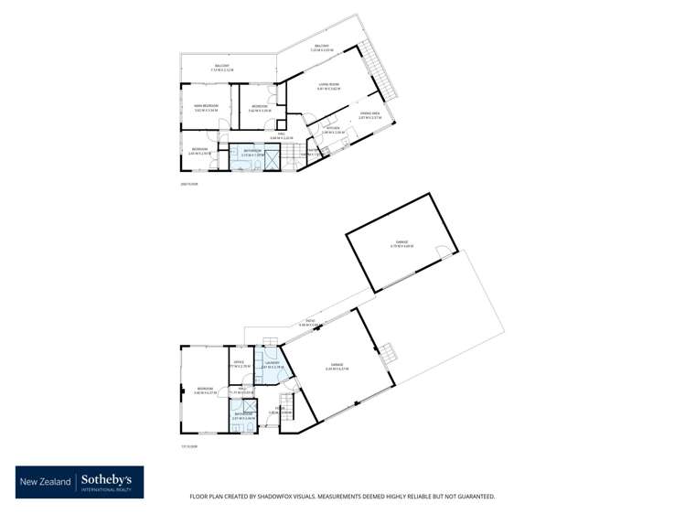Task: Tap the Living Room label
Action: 328,84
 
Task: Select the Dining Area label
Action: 369,113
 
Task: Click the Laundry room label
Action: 271,364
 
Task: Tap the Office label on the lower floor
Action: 239,363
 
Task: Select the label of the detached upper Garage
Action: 398,243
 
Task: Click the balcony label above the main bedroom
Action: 221,67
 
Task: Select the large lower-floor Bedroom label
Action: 204,390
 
